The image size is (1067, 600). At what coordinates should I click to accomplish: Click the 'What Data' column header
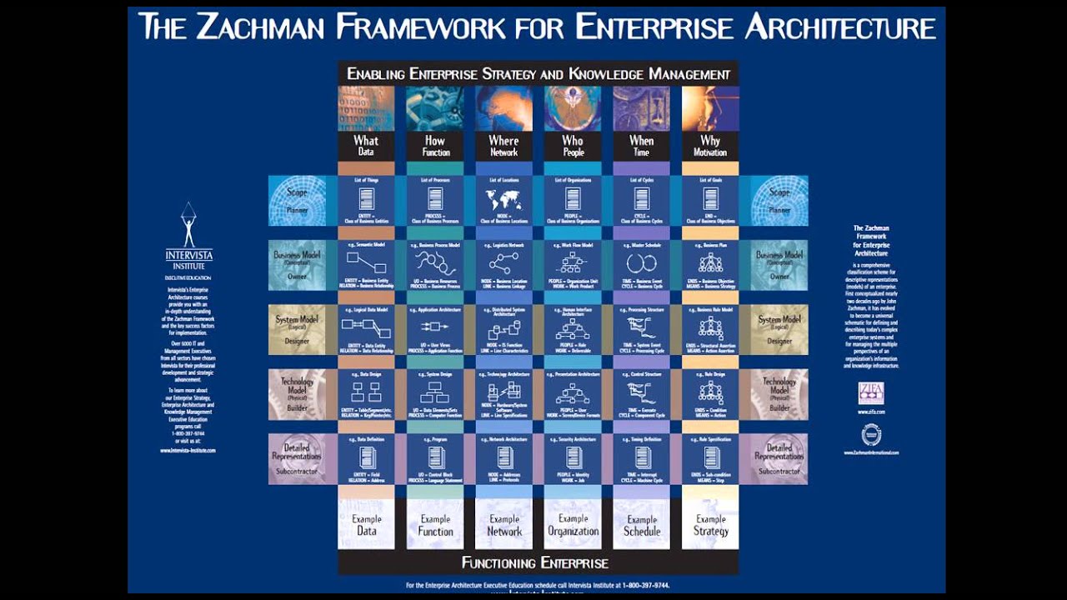[x=366, y=146]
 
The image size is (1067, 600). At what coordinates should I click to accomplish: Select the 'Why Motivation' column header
[x=710, y=146]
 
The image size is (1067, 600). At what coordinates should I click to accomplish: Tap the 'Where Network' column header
[x=503, y=146]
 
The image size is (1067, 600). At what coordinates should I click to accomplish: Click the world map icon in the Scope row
[x=503, y=199]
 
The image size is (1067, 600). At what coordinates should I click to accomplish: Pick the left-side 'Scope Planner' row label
[x=298, y=200]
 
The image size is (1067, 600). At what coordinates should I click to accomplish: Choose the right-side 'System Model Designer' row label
[x=779, y=329]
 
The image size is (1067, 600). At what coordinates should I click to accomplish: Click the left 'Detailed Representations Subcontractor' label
[x=297, y=458]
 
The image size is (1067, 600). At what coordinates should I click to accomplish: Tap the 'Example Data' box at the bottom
[x=366, y=525]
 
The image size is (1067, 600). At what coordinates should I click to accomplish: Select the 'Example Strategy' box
[x=710, y=525]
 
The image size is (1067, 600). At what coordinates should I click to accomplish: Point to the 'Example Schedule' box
[x=642, y=525]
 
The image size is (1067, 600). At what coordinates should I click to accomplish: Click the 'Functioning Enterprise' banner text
[x=535, y=562]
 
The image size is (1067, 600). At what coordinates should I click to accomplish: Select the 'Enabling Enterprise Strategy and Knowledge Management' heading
[x=538, y=74]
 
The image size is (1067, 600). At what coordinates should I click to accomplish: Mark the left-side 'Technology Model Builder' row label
[x=297, y=393]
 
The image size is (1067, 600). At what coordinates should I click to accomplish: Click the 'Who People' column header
[x=573, y=146]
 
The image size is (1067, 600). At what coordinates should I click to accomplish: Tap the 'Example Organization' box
[x=573, y=525]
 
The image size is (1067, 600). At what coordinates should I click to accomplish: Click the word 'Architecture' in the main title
[x=840, y=27]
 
